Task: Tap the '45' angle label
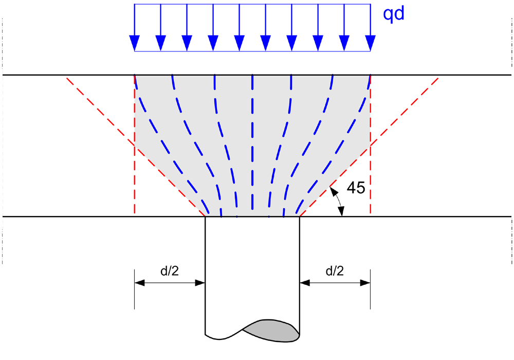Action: point(356,188)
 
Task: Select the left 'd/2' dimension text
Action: point(170,271)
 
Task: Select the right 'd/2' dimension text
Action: point(335,271)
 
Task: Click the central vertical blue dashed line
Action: point(252,144)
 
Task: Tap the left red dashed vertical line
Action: point(135,180)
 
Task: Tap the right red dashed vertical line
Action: point(370,180)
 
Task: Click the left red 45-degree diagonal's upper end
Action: point(67,78)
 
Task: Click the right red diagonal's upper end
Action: point(438,78)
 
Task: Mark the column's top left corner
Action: point(206,217)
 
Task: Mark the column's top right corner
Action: point(300,217)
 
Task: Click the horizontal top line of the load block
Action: point(252,5)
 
